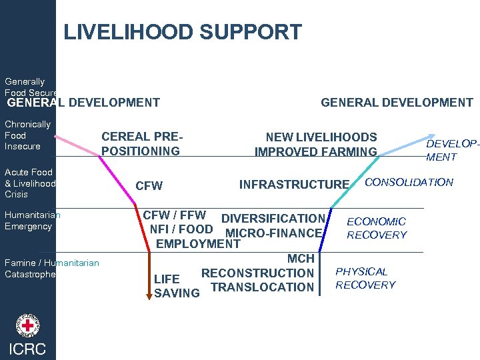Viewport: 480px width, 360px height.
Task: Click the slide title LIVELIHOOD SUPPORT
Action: point(182,32)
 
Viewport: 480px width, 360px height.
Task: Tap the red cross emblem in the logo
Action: point(28,327)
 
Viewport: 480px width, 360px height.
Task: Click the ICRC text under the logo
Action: point(28,349)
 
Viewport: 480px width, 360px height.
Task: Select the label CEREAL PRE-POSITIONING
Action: point(141,144)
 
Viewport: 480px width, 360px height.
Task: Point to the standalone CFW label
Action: point(149,185)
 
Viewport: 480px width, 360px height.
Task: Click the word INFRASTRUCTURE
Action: point(294,184)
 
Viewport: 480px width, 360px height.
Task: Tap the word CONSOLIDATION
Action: point(409,182)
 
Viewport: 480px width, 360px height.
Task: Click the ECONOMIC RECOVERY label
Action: point(377,228)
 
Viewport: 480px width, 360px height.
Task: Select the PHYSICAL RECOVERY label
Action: point(365,278)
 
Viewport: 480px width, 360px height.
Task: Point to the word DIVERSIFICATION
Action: point(273,219)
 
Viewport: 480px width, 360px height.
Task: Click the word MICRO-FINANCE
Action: point(274,233)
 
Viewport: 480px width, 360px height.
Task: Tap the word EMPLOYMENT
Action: point(198,244)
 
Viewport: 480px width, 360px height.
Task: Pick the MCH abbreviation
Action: point(301,259)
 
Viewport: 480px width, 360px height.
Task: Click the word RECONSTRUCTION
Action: point(257,273)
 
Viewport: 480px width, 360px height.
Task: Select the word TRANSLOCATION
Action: point(262,287)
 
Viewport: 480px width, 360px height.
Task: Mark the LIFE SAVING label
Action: point(176,286)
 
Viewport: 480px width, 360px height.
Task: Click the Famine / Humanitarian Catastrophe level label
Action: point(52,269)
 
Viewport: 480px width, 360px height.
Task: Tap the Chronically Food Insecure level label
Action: point(28,135)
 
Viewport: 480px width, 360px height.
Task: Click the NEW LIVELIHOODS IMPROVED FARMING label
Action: point(317,144)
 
